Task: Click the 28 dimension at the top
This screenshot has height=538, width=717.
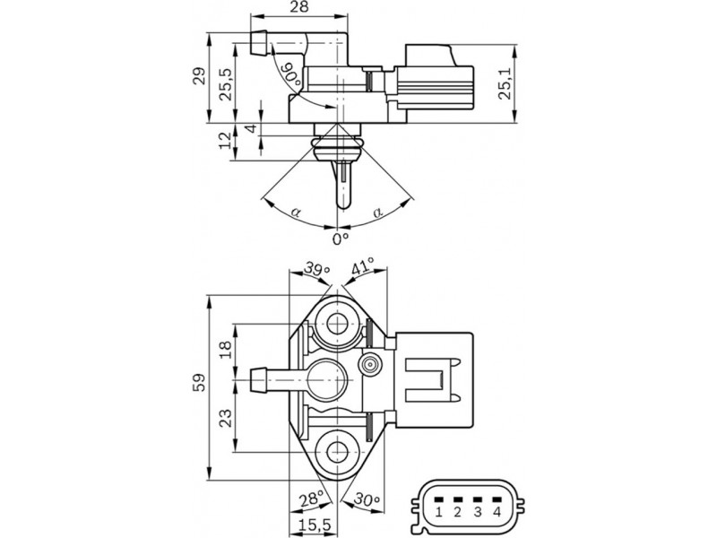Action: pos(299,6)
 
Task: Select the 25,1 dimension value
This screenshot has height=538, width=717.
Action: pos(505,84)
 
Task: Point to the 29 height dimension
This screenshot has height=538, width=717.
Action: pos(199,76)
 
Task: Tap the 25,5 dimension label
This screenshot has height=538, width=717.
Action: pos(225,84)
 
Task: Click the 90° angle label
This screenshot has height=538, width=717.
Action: pos(291,74)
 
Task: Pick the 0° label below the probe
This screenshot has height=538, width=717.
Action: pos(341,239)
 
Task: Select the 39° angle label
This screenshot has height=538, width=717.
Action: pos(317,269)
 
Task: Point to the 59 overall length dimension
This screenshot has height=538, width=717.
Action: pos(199,383)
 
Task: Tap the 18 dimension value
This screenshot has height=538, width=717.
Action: pos(226,350)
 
